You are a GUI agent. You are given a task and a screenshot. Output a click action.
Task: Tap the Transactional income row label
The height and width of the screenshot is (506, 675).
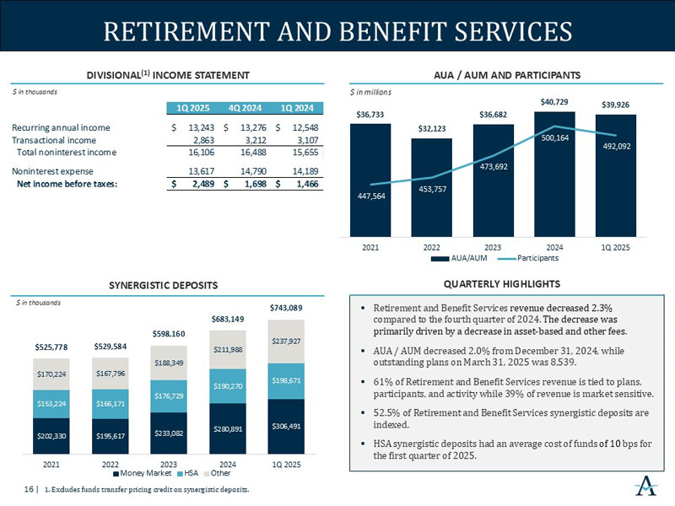coord(55,140)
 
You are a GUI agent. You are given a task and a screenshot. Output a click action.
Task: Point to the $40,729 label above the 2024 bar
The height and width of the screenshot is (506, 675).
coord(554,101)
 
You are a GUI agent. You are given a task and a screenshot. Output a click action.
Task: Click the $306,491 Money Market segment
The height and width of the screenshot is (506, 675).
coord(285,426)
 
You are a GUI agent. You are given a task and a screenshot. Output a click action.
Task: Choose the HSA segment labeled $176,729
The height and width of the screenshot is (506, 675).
coord(168,396)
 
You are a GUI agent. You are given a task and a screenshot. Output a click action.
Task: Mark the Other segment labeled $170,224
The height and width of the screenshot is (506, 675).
coord(51,374)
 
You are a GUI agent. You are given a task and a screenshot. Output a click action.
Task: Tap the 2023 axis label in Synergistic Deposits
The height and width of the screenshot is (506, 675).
coord(168,463)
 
